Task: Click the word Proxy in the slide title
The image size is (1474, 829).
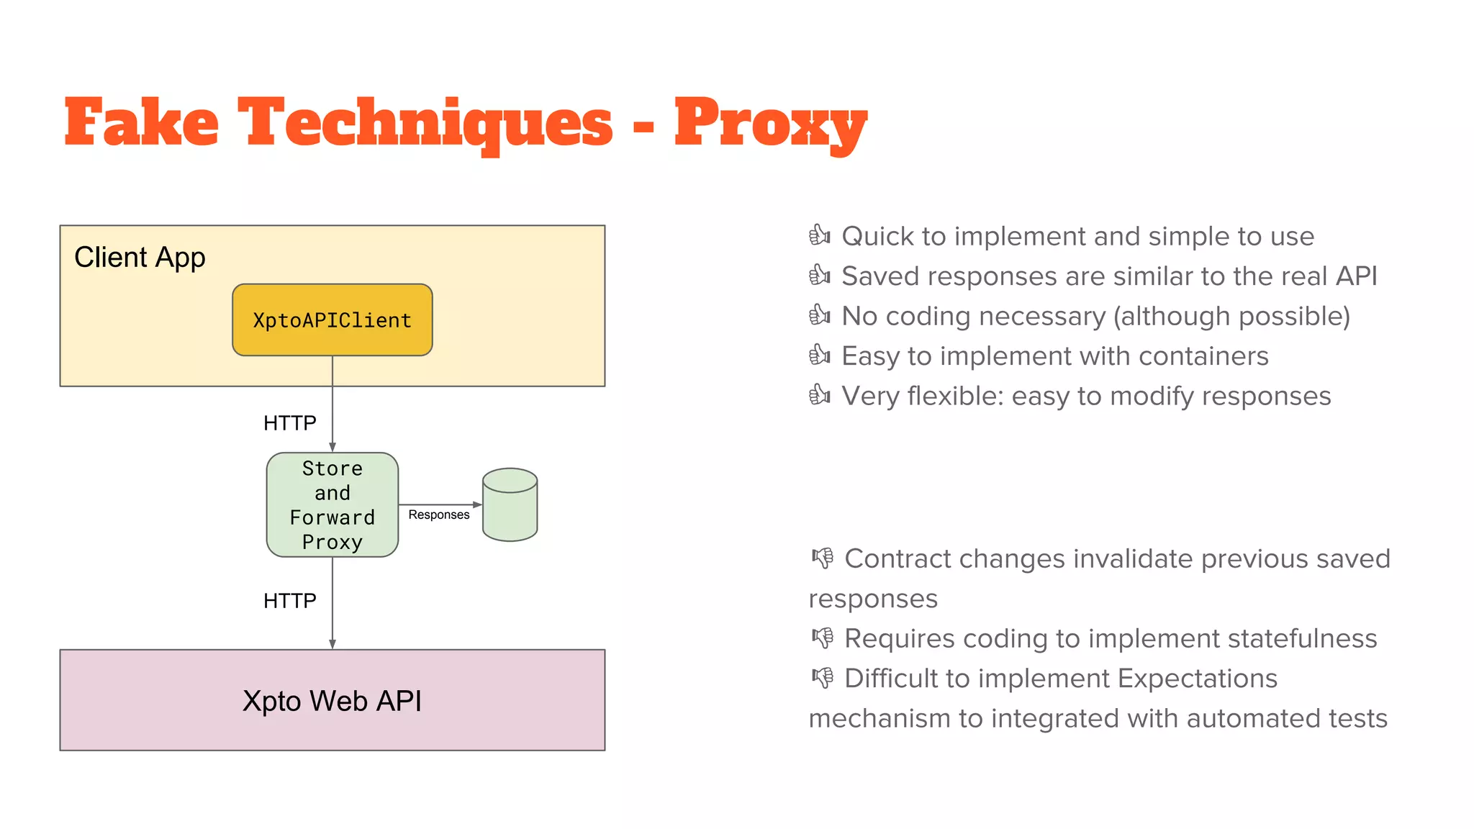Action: [770, 124]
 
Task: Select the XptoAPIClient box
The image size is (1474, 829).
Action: [332, 320]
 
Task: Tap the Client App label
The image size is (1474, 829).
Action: [140, 257]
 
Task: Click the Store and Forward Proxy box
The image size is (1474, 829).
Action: [332, 504]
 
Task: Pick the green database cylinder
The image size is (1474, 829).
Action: [510, 504]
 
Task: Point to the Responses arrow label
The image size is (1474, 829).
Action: [438, 515]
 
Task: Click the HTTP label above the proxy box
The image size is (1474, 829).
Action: [289, 423]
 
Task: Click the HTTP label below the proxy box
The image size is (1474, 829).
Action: [289, 601]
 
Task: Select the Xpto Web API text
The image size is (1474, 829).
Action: [332, 701]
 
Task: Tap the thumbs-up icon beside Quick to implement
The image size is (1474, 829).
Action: [819, 235]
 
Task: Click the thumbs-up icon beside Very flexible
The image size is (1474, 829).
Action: [819, 395]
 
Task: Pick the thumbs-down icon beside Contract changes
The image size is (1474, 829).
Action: [823, 558]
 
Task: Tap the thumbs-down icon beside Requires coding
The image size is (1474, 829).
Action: [823, 638]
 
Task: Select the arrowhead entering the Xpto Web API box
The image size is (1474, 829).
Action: [333, 644]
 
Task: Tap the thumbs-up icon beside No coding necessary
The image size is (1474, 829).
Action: [819, 315]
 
